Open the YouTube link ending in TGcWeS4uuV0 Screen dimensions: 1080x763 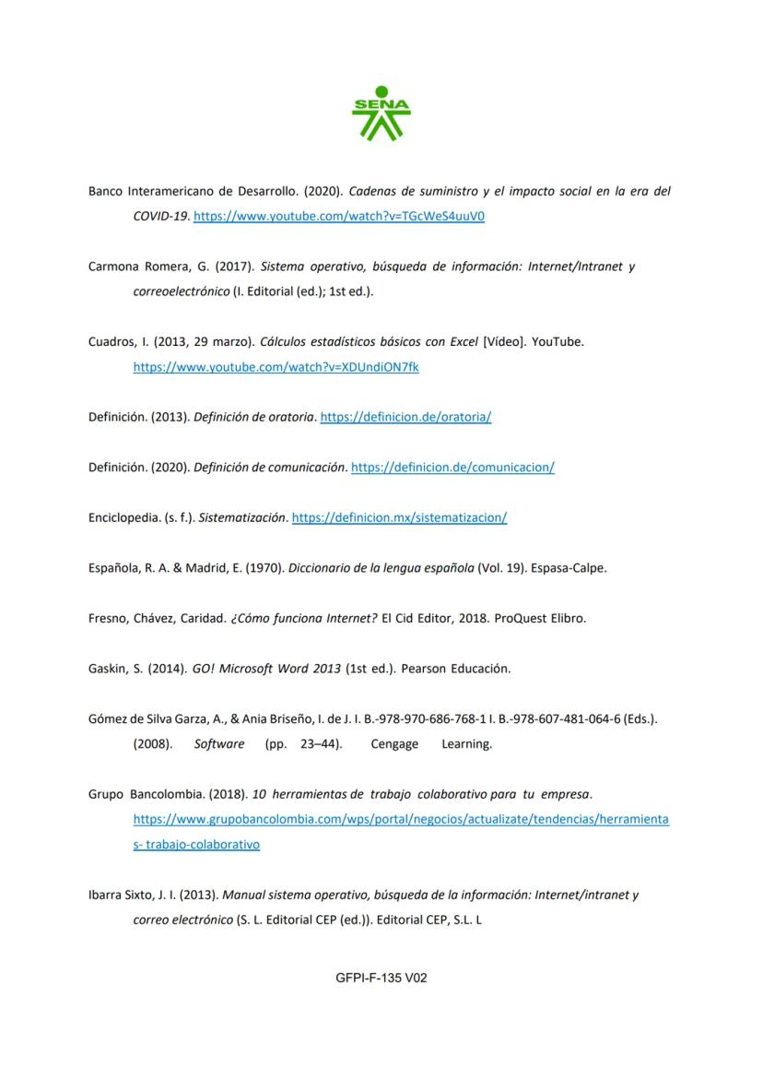point(339,217)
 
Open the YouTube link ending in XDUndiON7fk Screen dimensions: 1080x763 point(276,367)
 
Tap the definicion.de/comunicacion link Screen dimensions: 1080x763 point(452,468)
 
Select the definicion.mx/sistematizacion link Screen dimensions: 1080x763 point(399,518)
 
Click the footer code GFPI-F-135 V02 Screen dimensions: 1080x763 point(381,978)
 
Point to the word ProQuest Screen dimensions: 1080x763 point(522,619)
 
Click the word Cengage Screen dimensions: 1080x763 point(394,744)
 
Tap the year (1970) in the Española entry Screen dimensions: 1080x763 point(264,568)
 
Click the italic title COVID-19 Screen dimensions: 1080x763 point(160,217)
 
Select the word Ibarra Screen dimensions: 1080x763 point(105,895)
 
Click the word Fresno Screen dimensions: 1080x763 point(108,619)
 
